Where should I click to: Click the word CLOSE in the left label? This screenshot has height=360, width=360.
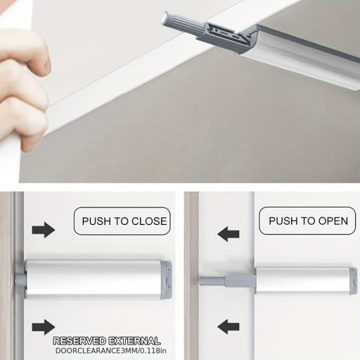tap(149, 221)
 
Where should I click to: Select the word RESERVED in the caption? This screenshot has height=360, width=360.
tap(79, 341)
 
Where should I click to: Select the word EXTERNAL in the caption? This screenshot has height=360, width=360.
tap(134, 341)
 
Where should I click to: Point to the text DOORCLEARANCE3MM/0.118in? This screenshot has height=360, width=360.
tap(111, 351)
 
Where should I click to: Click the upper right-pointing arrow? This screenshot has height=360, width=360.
tap(44, 230)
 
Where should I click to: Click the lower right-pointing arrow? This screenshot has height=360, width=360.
tap(44, 327)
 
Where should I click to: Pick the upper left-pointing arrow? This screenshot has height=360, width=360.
tap(229, 234)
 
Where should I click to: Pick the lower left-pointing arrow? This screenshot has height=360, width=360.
tap(229, 327)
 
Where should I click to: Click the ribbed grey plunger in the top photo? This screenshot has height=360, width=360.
tap(184, 25)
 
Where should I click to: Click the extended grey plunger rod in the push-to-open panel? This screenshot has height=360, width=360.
tap(227, 281)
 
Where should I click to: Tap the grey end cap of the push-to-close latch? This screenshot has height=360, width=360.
tap(167, 281)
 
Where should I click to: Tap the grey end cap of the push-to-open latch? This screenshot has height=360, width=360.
tap(354, 281)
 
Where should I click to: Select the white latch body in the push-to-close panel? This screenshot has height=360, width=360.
tap(94, 279)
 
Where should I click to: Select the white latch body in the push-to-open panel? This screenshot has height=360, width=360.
tap(303, 281)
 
